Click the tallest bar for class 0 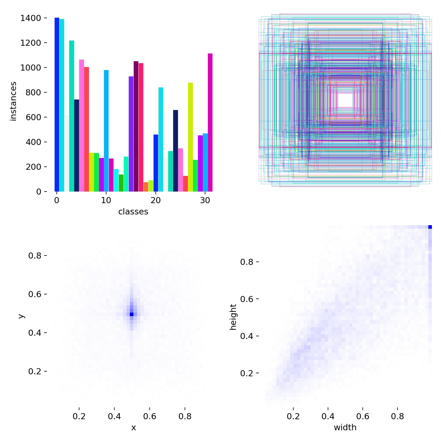[57, 105]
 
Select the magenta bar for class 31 [210, 123]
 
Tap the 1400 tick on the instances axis [31, 18]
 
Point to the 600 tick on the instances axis [33, 117]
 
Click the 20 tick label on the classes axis [155, 200]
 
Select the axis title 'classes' [133, 212]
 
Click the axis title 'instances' [13, 101]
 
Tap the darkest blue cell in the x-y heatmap [131, 314]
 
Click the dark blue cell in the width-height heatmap [430, 227]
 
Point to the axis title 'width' [345, 427]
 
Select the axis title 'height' [233, 317]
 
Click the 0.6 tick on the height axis [247, 299]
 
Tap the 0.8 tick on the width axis [397, 416]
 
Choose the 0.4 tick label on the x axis [114, 416]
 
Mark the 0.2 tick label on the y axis [35, 371]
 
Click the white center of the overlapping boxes [345, 100]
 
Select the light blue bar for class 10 [106, 131]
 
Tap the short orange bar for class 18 [146, 187]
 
